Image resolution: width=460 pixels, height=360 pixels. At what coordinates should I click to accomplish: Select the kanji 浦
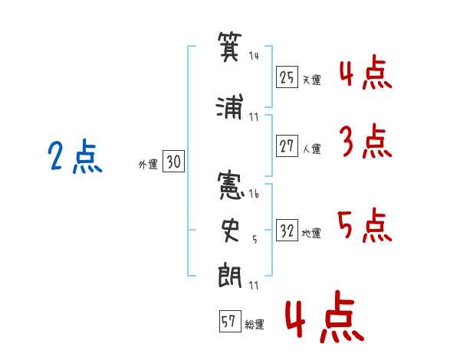230,107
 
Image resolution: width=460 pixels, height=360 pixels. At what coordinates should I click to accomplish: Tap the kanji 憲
230,186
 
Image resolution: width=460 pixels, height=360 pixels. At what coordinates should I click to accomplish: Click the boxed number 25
287,77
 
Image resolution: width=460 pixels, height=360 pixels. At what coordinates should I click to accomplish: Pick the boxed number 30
173,162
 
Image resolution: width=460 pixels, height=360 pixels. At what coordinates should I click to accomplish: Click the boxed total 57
228,322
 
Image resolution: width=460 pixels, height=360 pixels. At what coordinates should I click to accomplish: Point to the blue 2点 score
74,157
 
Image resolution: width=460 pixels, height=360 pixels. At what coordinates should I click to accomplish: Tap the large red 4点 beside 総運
322,320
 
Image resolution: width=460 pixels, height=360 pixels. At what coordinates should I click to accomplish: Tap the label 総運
255,325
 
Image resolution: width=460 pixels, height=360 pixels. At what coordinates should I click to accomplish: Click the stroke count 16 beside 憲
254,194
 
